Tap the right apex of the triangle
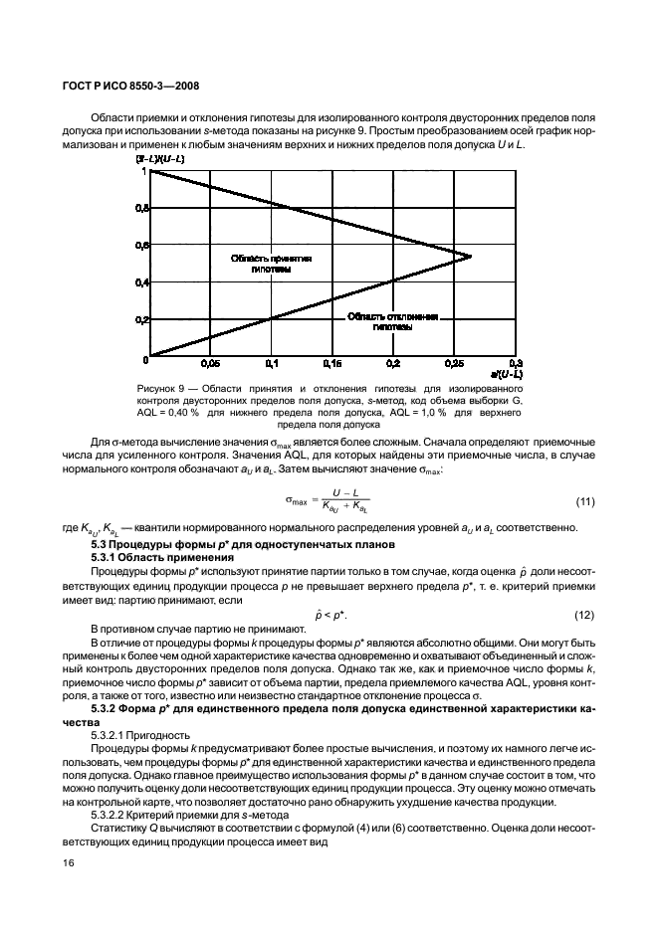click(x=470, y=256)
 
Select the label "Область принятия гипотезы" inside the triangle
click(x=271, y=264)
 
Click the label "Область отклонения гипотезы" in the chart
click(x=392, y=320)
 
